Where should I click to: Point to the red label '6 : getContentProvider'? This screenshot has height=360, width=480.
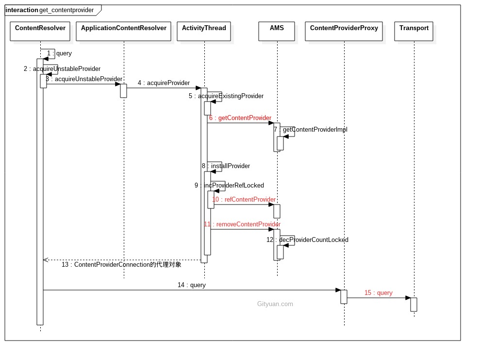point(240,118)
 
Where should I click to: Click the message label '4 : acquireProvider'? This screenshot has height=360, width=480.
point(164,83)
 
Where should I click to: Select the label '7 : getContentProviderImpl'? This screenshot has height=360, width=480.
point(310,130)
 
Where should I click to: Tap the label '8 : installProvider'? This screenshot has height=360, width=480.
point(226,166)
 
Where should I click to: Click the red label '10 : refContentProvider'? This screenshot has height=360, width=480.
point(244,200)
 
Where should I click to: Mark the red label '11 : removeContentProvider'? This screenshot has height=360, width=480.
point(242,224)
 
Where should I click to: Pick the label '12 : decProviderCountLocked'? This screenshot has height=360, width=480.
point(307,240)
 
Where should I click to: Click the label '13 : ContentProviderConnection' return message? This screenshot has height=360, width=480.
point(121,265)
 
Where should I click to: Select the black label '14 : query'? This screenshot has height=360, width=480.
point(191,285)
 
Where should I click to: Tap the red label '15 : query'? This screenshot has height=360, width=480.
point(378,293)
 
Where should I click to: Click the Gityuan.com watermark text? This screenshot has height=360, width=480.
point(275,304)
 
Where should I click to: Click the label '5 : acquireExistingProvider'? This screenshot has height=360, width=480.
point(226,96)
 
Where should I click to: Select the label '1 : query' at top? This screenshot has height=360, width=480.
point(59,53)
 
